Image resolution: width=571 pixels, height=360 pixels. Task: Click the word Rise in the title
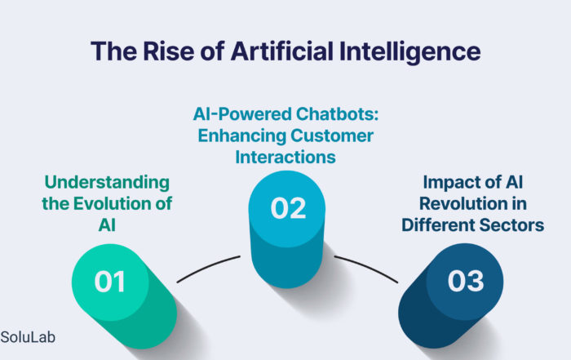(x=168, y=51)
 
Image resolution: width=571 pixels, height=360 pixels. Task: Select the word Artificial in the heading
(x=282, y=51)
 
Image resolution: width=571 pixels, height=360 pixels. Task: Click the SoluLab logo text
(x=28, y=337)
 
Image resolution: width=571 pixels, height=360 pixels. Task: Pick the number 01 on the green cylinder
(x=109, y=282)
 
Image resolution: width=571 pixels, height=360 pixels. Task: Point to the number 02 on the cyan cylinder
(x=288, y=208)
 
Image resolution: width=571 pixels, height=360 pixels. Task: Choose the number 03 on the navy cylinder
(x=466, y=281)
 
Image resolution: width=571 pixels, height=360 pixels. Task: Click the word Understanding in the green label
(x=107, y=183)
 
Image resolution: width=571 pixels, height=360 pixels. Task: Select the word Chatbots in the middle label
(x=337, y=113)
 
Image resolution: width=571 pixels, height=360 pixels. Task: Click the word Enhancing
(x=241, y=136)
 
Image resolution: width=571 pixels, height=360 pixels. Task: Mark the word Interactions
(x=285, y=157)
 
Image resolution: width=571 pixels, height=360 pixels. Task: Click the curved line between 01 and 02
(x=207, y=267)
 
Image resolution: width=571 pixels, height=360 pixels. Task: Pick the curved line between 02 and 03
(x=367, y=267)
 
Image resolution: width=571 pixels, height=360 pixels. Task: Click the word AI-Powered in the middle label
(x=242, y=113)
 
